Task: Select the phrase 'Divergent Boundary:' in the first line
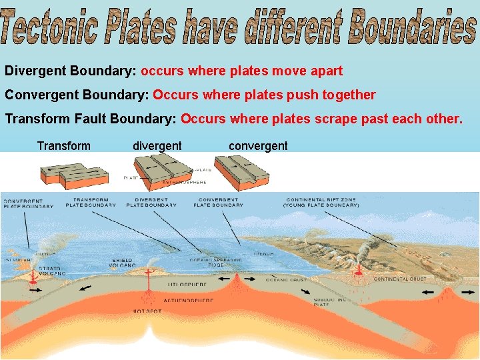pyautogui.click(x=71, y=71)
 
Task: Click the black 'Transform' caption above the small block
pyautogui.click(x=64, y=146)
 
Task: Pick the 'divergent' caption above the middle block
pyautogui.click(x=157, y=146)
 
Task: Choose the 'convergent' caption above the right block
pyautogui.click(x=258, y=146)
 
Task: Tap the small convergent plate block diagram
pyautogui.click(x=241, y=172)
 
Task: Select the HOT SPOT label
pyautogui.click(x=147, y=311)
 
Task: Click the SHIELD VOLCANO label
pyautogui.click(x=122, y=263)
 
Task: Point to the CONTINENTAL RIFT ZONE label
pyautogui.click(x=321, y=203)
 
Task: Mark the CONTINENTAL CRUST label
pyautogui.click(x=400, y=279)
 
